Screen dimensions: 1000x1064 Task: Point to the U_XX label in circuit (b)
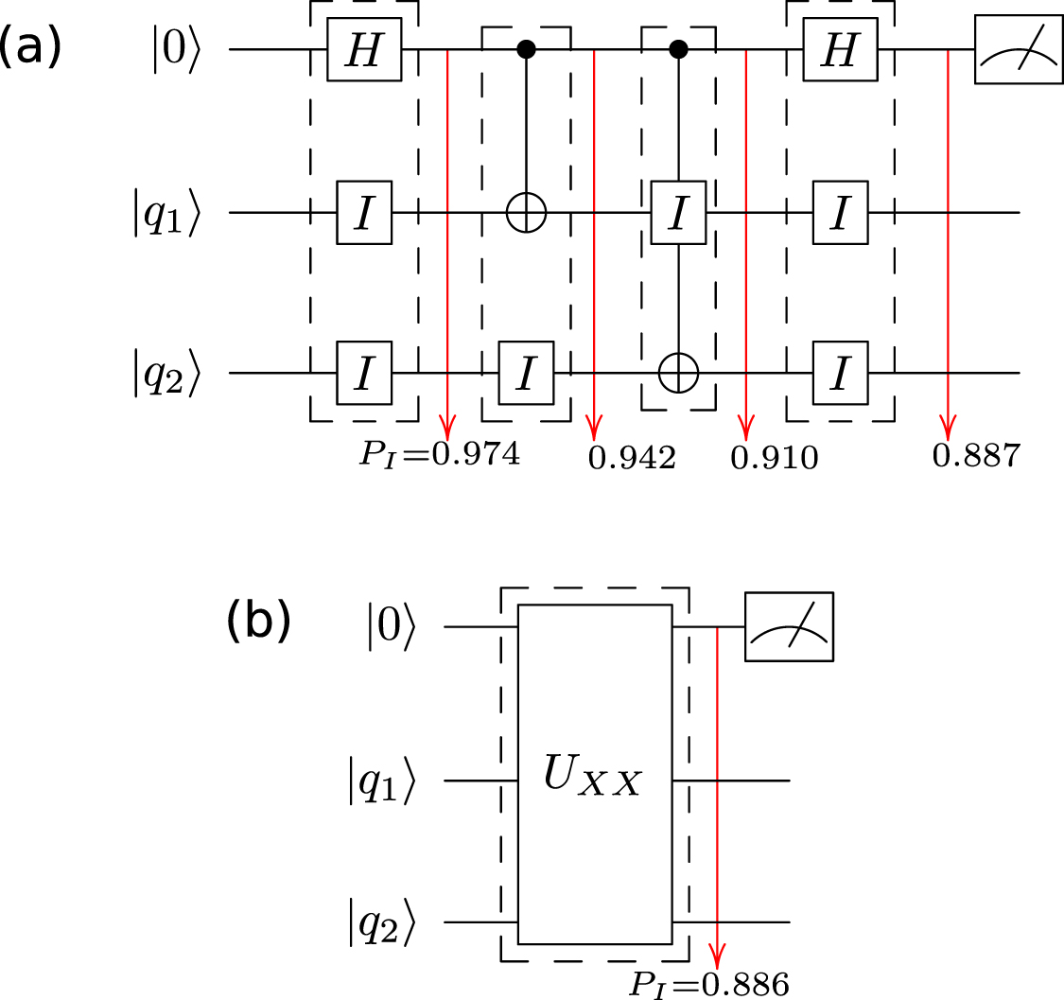(x=593, y=781)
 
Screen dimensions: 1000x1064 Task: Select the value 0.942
(x=632, y=459)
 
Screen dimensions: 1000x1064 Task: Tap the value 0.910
(x=774, y=459)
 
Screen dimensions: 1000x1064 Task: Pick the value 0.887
(x=976, y=457)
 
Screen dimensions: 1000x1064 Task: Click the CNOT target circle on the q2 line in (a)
(x=677, y=374)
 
